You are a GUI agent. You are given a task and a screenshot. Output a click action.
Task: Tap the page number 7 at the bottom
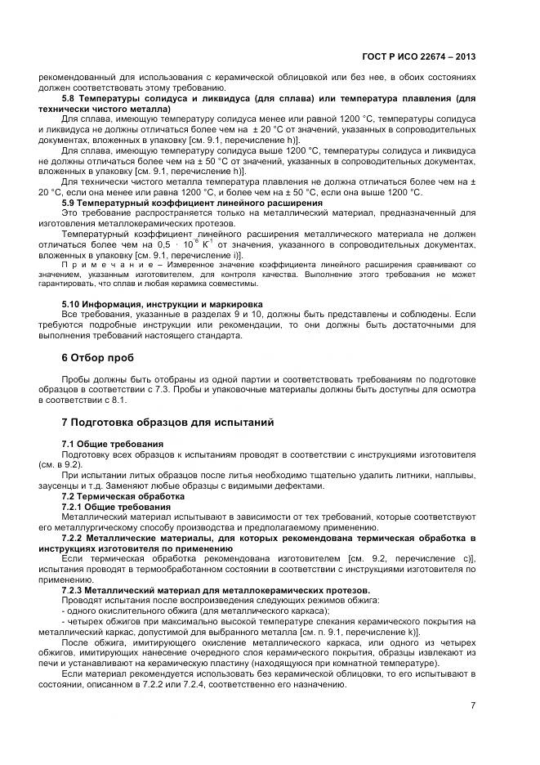click(473, 705)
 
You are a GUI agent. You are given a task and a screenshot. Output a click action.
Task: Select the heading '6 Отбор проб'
click(100, 358)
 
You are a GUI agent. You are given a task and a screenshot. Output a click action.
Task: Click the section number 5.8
click(71, 98)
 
